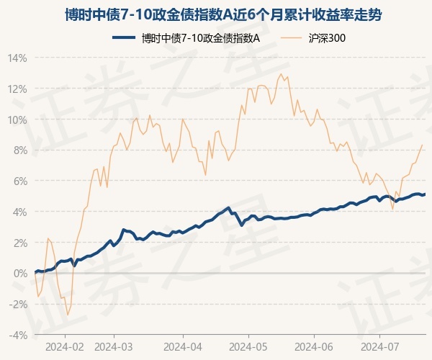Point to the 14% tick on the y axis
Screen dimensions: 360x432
tap(17, 58)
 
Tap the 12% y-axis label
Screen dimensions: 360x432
tap(17, 89)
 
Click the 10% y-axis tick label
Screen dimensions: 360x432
tap(17, 120)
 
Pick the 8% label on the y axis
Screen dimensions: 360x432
tap(19, 150)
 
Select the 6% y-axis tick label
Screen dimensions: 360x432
tap(19, 181)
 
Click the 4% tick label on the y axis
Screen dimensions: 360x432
tap(19, 212)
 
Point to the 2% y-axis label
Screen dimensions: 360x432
tap(19, 243)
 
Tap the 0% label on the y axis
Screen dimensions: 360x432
tap(19, 274)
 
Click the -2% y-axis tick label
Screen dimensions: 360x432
tap(18, 305)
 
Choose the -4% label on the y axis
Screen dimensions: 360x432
tap(18, 336)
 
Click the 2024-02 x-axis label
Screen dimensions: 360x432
tap(65, 346)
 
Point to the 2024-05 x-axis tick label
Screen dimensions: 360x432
tap(248, 346)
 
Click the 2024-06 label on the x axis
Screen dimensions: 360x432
tap(315, 346)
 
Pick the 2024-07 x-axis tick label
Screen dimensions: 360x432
tap(381, 346)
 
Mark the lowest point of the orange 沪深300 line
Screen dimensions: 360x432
tap(68, 315)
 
